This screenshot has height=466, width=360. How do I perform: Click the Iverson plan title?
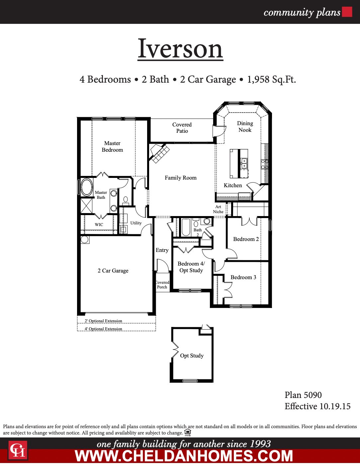[180, 49]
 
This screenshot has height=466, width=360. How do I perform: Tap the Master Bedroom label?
[112, 146]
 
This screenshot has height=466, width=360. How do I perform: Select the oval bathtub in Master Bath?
[87, 187]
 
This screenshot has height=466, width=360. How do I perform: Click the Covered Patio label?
[182, 128]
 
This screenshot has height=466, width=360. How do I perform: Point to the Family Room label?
[181, 178]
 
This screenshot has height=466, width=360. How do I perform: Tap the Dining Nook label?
[245, 126]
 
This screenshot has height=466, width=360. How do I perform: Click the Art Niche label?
[218, 209]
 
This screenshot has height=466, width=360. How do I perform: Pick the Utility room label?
[136, 223]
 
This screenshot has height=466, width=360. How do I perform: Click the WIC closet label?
[99, 225]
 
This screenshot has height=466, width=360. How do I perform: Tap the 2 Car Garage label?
[113, 271]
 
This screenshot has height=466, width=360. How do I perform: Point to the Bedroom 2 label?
[246, 239]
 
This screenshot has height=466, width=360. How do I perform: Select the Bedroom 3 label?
[243, 277]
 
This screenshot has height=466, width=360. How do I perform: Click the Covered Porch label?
[162, 285]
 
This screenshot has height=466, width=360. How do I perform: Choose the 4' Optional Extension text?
[103, 329]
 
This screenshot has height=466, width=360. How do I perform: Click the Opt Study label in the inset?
[192, 356]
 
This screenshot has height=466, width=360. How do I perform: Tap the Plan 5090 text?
[303, 395]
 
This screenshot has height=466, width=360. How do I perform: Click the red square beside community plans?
[347, 12]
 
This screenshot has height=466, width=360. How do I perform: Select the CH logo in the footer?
[18, 450]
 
